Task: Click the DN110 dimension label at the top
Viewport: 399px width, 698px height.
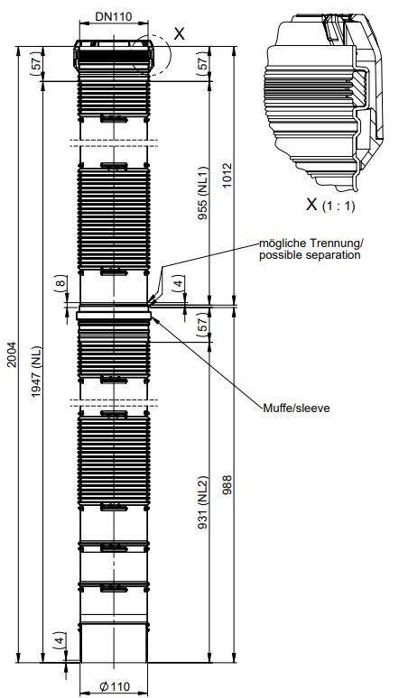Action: pos(114,17)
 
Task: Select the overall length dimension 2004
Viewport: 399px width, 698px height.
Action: pos(11,354)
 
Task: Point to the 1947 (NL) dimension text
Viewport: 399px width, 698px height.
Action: pos(36,372)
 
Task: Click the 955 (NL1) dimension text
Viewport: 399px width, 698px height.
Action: pos(203,193)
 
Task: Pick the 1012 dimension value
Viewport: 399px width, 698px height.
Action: pos(227,175)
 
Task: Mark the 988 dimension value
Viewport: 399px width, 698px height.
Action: pos(227,485)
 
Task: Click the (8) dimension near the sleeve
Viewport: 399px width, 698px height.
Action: pos(61,283)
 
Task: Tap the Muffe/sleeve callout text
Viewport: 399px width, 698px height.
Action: pos(296,408)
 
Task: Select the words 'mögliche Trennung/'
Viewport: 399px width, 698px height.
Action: pos(311,244)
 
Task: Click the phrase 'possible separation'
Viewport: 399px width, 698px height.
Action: pos(310,255)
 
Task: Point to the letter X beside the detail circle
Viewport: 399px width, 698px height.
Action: pos(180,34)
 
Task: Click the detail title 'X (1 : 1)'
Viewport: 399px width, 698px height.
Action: pos(330,205)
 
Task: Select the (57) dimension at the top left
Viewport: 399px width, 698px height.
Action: pos(38,63)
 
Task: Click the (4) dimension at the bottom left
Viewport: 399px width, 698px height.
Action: pos(61,639)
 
